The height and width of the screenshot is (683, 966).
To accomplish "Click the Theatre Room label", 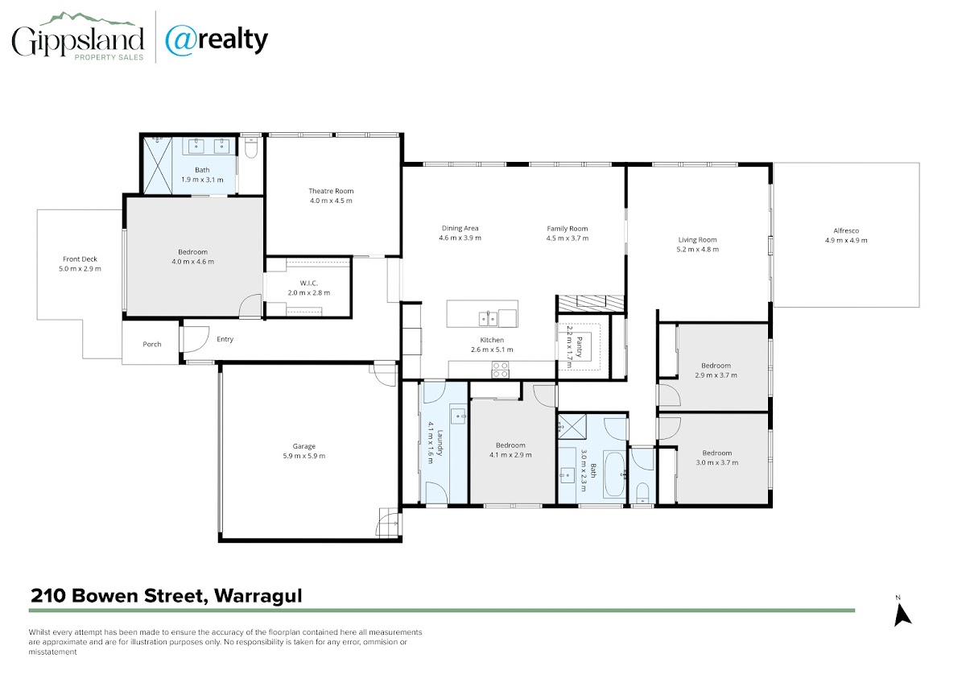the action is [x=331, y=191].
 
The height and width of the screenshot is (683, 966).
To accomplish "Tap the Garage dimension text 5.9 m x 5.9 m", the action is [x=304, y=456].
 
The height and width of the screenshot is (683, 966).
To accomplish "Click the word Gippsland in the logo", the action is [x=77, y=41].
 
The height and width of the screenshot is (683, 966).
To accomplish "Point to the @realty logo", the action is [x=217, y=41].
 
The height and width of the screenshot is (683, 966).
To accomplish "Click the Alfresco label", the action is [x=846, y=231].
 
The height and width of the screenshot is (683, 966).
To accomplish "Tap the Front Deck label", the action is [x=80, y=259].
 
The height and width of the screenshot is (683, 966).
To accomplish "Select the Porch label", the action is [x=152, y=344].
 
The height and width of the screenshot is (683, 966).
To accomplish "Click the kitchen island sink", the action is [x=488, y=319].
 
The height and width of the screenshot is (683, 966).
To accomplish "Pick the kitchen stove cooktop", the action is [x=500, y=370].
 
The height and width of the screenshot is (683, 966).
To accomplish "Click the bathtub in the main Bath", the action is [x=614, y=474].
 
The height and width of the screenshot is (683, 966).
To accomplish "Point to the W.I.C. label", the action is [x=308, y=283].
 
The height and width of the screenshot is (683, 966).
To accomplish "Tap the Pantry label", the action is [x=579, y=347].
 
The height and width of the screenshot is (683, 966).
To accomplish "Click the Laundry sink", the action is [x=457, y=416].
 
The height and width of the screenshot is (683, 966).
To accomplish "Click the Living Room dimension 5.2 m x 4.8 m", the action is [x=697, y=249].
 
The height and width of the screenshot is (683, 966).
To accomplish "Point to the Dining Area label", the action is [x=460, y=228].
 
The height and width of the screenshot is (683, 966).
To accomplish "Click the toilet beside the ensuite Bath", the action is [x=250, y=147].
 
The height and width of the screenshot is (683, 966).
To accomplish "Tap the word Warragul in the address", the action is [x=258, y=596].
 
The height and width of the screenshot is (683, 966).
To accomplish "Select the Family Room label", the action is [x=567, y=229].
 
